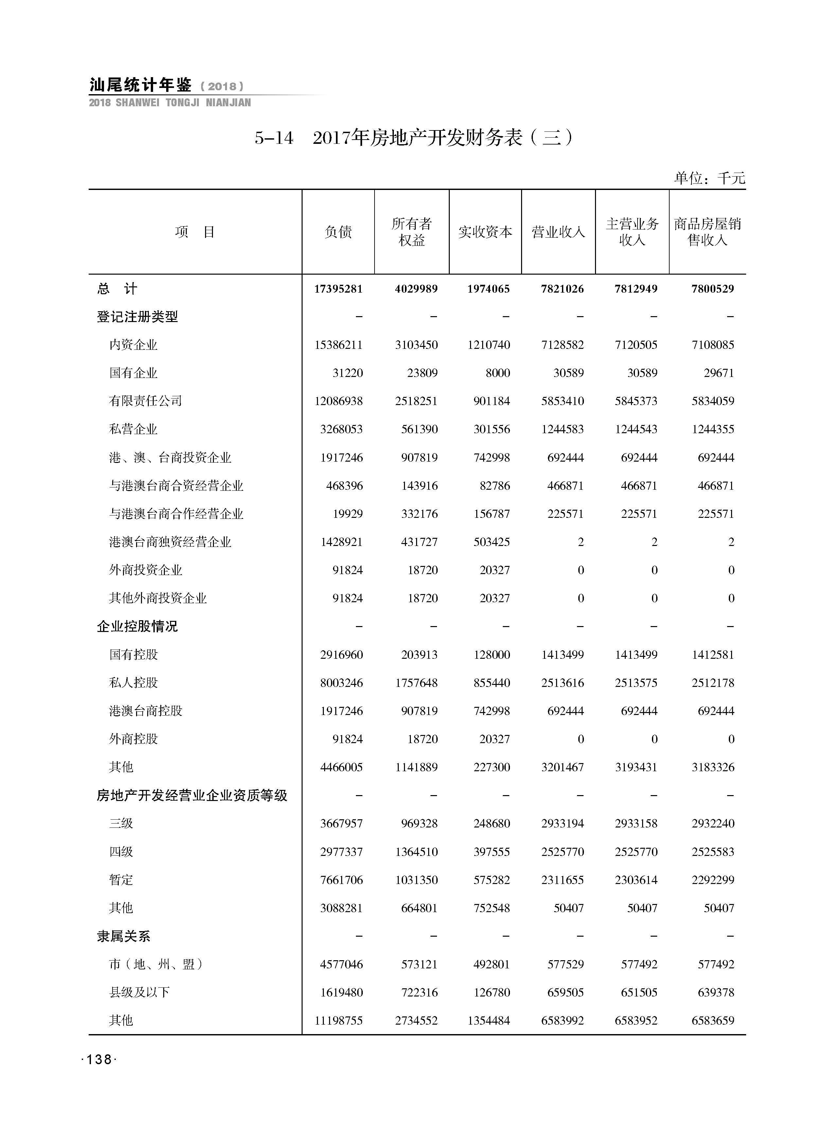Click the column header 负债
338,232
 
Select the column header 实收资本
485,232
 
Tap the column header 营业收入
558,232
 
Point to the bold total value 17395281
338,289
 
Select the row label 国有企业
133,373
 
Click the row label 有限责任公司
146,401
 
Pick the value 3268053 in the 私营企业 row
341,429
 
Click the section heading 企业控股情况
137,626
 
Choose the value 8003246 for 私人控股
341,682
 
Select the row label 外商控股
133,739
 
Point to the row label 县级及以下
139,992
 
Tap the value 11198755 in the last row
338,1020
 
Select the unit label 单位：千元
709,178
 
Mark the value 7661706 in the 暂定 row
341,879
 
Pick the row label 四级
121,852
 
